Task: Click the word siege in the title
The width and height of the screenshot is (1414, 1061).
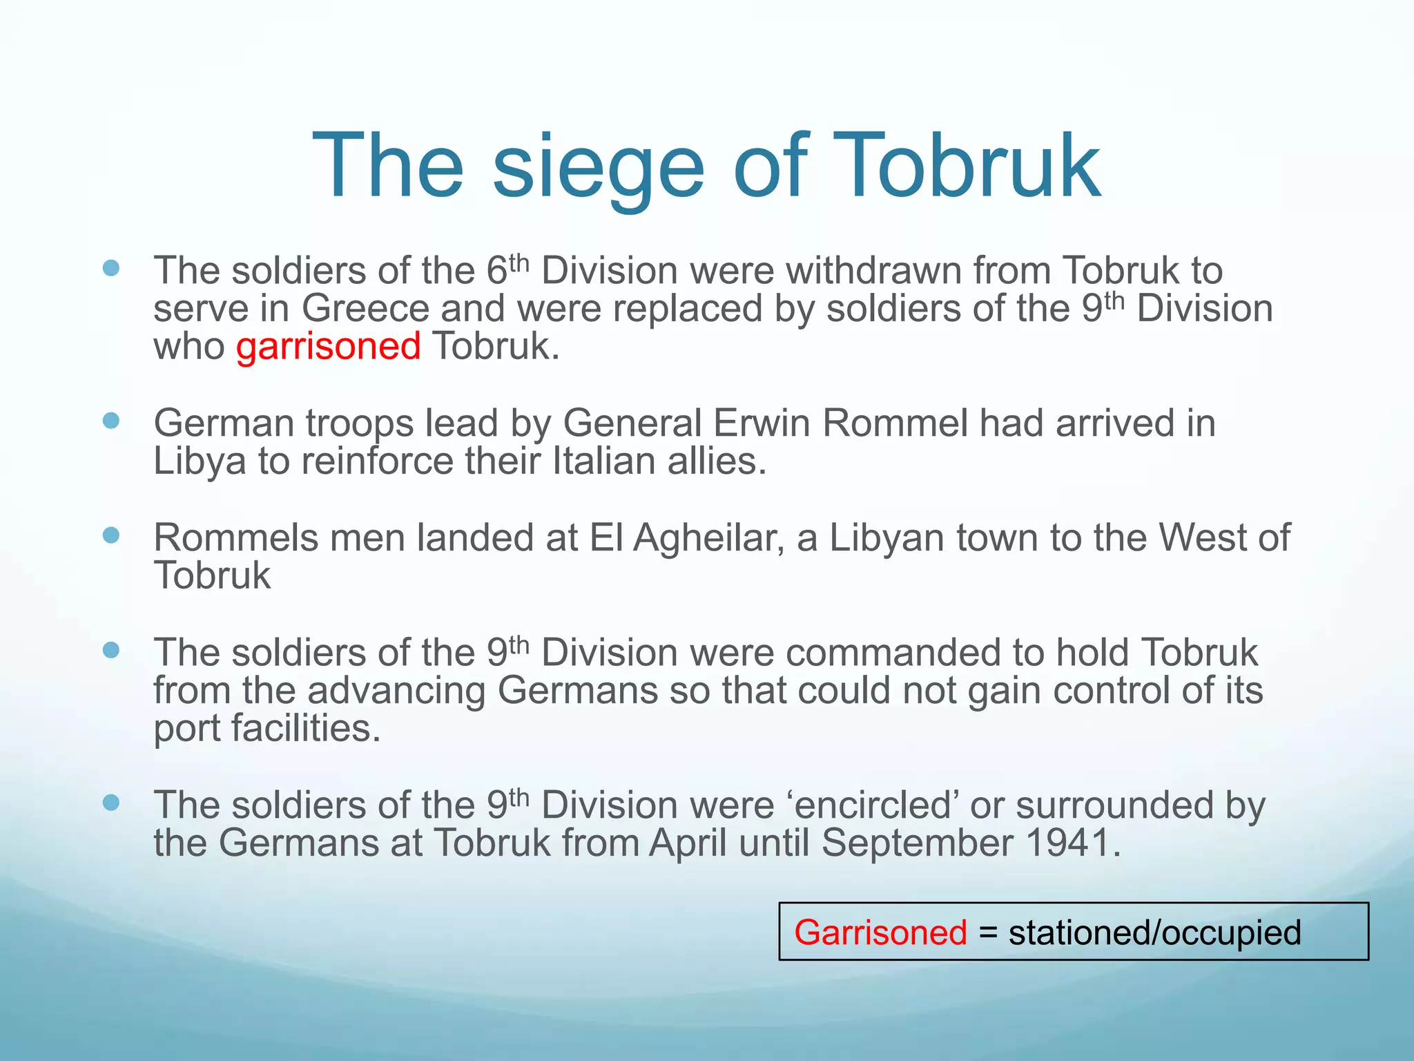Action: tap(598, 167)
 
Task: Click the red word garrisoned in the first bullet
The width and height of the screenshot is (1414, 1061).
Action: tap(328, 346)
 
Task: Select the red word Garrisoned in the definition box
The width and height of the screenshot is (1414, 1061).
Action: tap(880, 933)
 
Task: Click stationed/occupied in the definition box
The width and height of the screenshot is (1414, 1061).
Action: tap(1154, 933)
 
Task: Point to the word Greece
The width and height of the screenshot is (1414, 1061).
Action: tap(365, 308)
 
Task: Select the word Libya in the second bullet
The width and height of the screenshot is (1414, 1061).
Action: tap(200, 461)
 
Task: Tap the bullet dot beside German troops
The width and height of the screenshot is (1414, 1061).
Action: tap(111, 421)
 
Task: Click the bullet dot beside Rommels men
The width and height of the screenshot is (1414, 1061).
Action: tap(111, 535)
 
